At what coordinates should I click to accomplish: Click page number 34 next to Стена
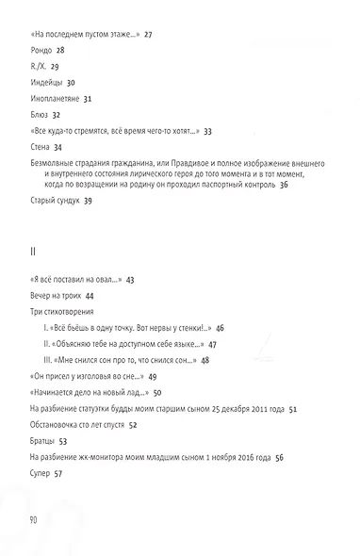(58, 148)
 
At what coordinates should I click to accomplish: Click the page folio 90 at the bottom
(35, 520)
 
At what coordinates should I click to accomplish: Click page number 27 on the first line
(149, 33)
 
